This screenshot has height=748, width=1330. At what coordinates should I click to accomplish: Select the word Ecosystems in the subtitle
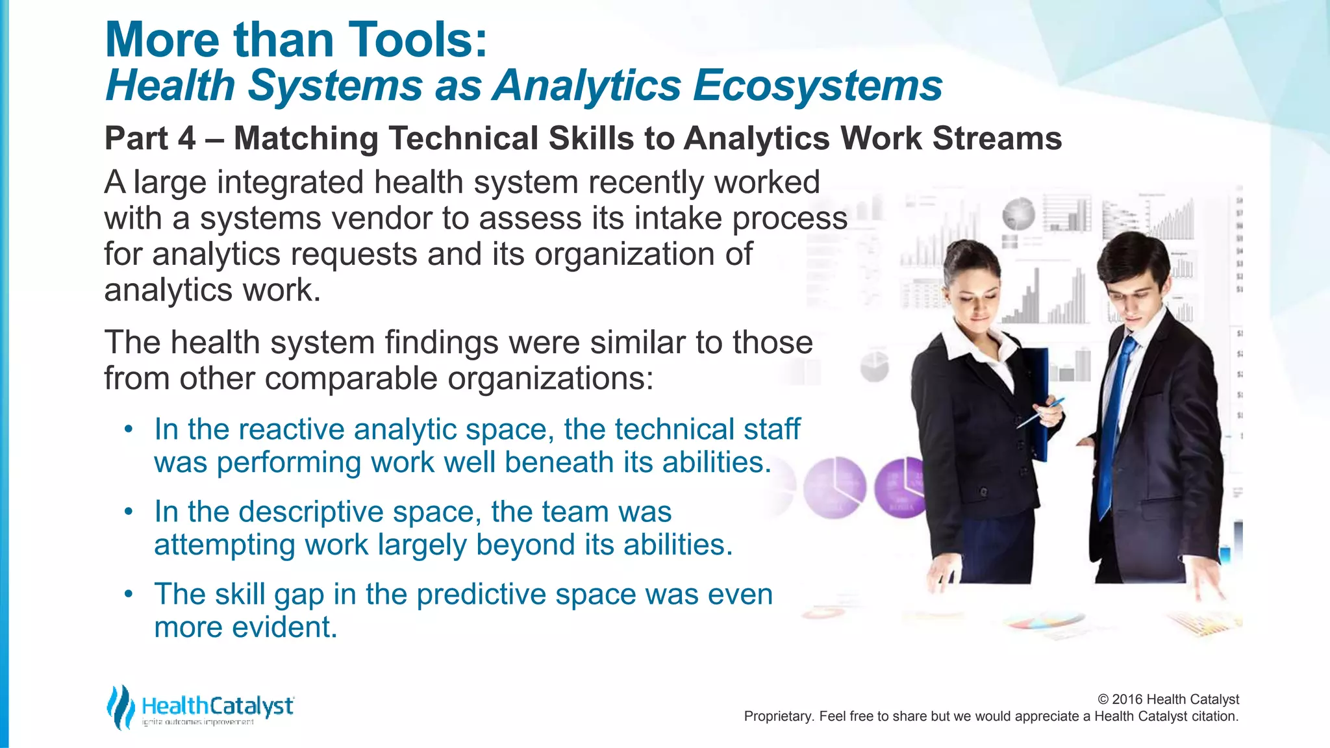coord(817,86)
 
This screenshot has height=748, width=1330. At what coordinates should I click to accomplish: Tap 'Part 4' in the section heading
coord(150,138)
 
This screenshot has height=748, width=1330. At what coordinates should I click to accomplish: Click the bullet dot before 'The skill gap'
coord(129,593)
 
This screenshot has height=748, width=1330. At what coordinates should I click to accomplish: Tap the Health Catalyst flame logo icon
coord(120,706)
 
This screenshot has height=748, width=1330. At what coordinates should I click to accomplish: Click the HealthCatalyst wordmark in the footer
coord(218,706)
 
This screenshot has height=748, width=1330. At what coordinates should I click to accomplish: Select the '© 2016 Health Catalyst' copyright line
coord(1168,699)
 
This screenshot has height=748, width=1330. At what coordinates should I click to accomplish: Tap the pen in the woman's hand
coord(1040,413)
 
